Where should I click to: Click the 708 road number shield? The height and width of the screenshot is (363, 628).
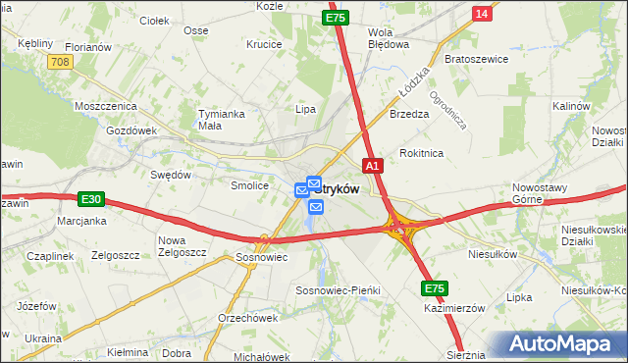point(60,62)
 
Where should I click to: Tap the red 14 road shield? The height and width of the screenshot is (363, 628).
point(481,13)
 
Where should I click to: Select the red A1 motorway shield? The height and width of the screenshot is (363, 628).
point(372,167)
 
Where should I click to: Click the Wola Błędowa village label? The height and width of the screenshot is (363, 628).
point(387,37)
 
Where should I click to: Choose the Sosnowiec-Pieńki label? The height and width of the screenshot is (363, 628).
point(338,291)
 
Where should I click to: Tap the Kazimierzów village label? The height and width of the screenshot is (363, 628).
point(455,307)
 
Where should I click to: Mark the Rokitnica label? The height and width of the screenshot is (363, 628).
point(422,153)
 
